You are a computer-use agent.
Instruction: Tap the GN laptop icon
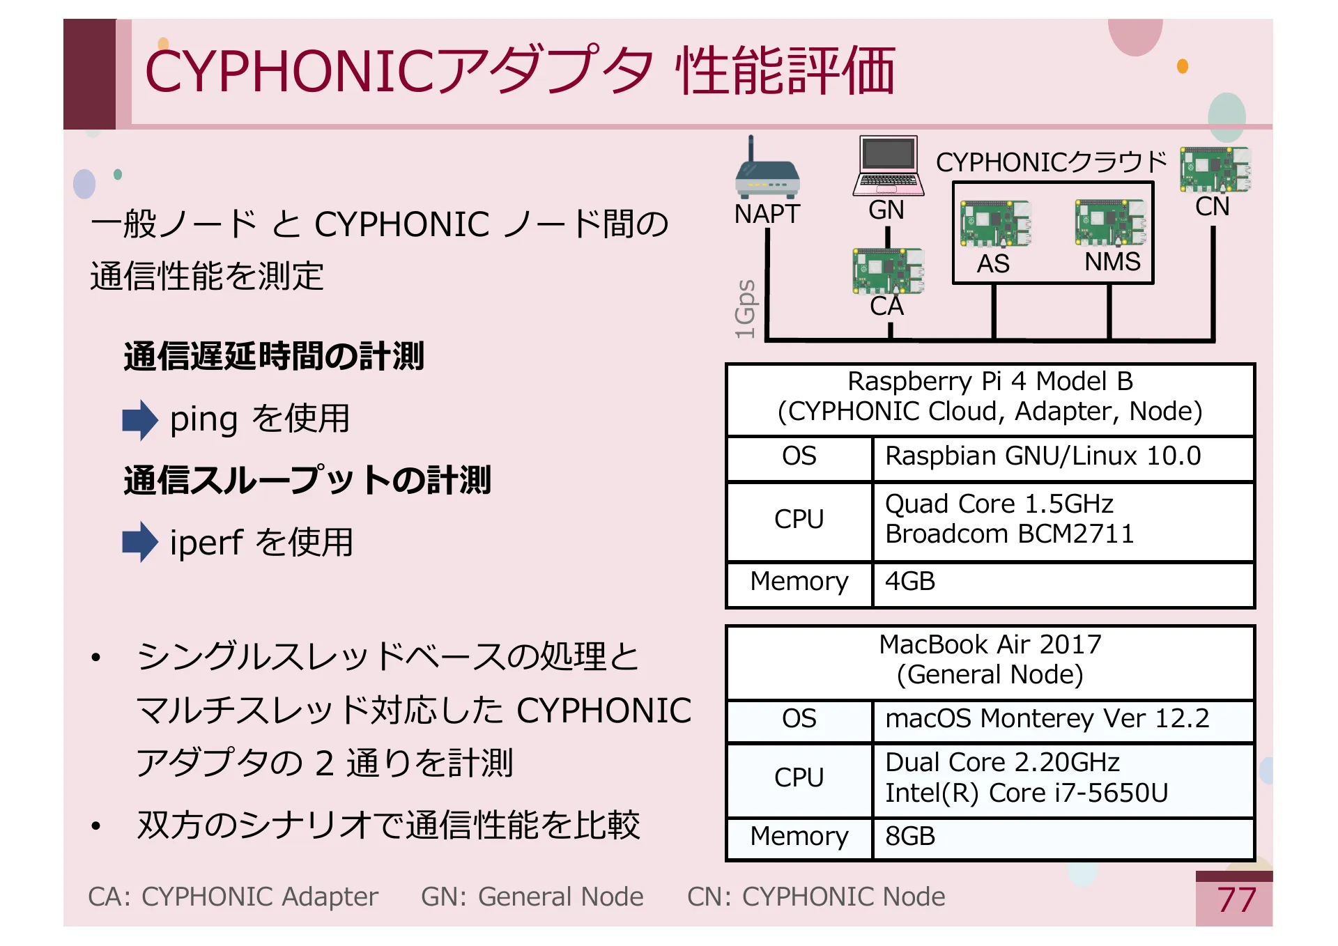click(x=888, y=166)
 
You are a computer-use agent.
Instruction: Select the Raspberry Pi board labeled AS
click(x=995, y=224)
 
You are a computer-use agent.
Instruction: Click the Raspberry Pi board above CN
click(x=1215, y=169)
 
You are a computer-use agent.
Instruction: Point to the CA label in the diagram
click(x=886, y=307)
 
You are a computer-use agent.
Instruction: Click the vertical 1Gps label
click(x=745, y=309)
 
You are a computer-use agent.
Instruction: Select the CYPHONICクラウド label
click(x=1051, y=162)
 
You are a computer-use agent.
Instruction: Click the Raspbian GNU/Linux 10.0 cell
click(x=1043, y=456)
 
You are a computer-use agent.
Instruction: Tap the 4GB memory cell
click(x=910, y=582)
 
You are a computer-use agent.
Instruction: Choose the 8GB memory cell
click(x=910, y=837)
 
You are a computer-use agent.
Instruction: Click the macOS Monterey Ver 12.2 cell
click(x=1047, y=719)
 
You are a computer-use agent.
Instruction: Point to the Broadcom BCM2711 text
click(x=1009, y=534)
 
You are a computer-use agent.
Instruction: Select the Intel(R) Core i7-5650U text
click(x=1026, y=793)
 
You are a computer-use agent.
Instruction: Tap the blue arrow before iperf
click(x=140, y=542)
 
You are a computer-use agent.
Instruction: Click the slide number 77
click(x=1236, y=900)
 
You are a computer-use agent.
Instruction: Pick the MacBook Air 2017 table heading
click(x=990, y=645)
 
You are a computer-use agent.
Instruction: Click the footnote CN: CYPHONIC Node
click(x=815, y=897)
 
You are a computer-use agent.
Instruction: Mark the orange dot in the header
click(x=1182, y=66)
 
